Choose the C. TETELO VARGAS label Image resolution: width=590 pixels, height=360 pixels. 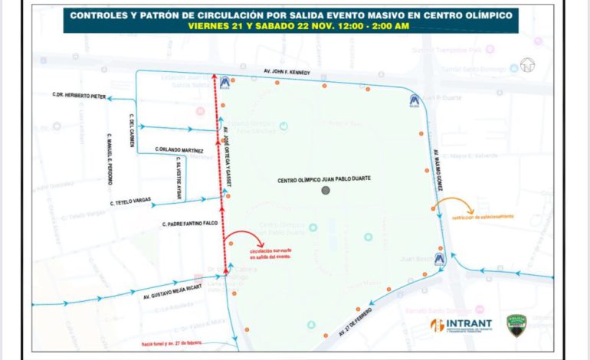pos(131,203)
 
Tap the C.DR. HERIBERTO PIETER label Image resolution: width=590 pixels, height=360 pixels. pos(79,96)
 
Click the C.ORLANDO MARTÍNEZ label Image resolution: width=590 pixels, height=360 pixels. pos(174,149)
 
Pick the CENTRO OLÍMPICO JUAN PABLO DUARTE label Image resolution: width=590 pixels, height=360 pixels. pos(324,178)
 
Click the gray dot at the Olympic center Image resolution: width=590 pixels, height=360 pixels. pos(326,190)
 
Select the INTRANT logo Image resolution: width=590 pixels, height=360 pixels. pos(461,326)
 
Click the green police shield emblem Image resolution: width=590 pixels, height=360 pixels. pos(516,325)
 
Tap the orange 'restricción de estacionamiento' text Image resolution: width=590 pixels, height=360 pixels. pos(483,217)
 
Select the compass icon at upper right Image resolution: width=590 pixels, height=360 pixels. pos(526,65)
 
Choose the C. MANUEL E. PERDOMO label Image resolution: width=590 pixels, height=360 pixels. pos(110,160)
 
